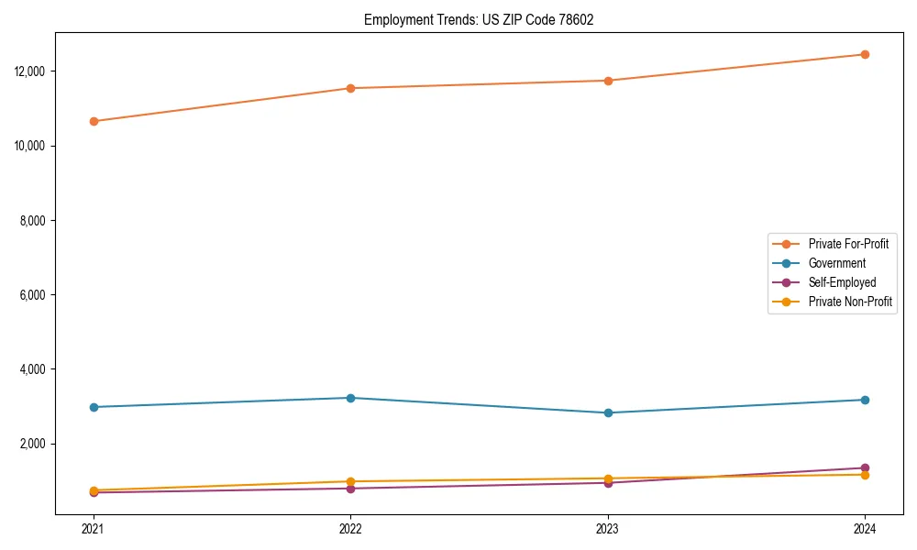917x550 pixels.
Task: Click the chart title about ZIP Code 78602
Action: coord(479,19)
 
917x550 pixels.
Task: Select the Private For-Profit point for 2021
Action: coord(94,121)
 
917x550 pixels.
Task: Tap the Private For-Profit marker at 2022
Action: coord(350,88)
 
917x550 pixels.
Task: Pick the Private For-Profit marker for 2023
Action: coord(607,81)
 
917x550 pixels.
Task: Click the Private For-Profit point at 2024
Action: coord(865,54)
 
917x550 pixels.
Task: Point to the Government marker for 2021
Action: coord(94,407)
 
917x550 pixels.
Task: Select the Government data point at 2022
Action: coord(350,398)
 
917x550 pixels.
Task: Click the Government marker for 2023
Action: coord(607,412)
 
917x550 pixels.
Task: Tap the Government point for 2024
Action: coord(865,400)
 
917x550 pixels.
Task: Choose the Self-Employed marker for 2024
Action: coord(865,467)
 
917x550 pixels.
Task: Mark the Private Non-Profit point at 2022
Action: coord(350,481)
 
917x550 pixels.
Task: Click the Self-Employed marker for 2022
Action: coord(350,489)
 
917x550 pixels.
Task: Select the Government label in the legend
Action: coord(836,263)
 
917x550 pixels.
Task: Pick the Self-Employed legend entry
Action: coord(842,282)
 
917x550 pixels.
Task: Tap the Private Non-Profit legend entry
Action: coord(850,302)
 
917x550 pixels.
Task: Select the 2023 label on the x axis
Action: coord(607,528)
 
